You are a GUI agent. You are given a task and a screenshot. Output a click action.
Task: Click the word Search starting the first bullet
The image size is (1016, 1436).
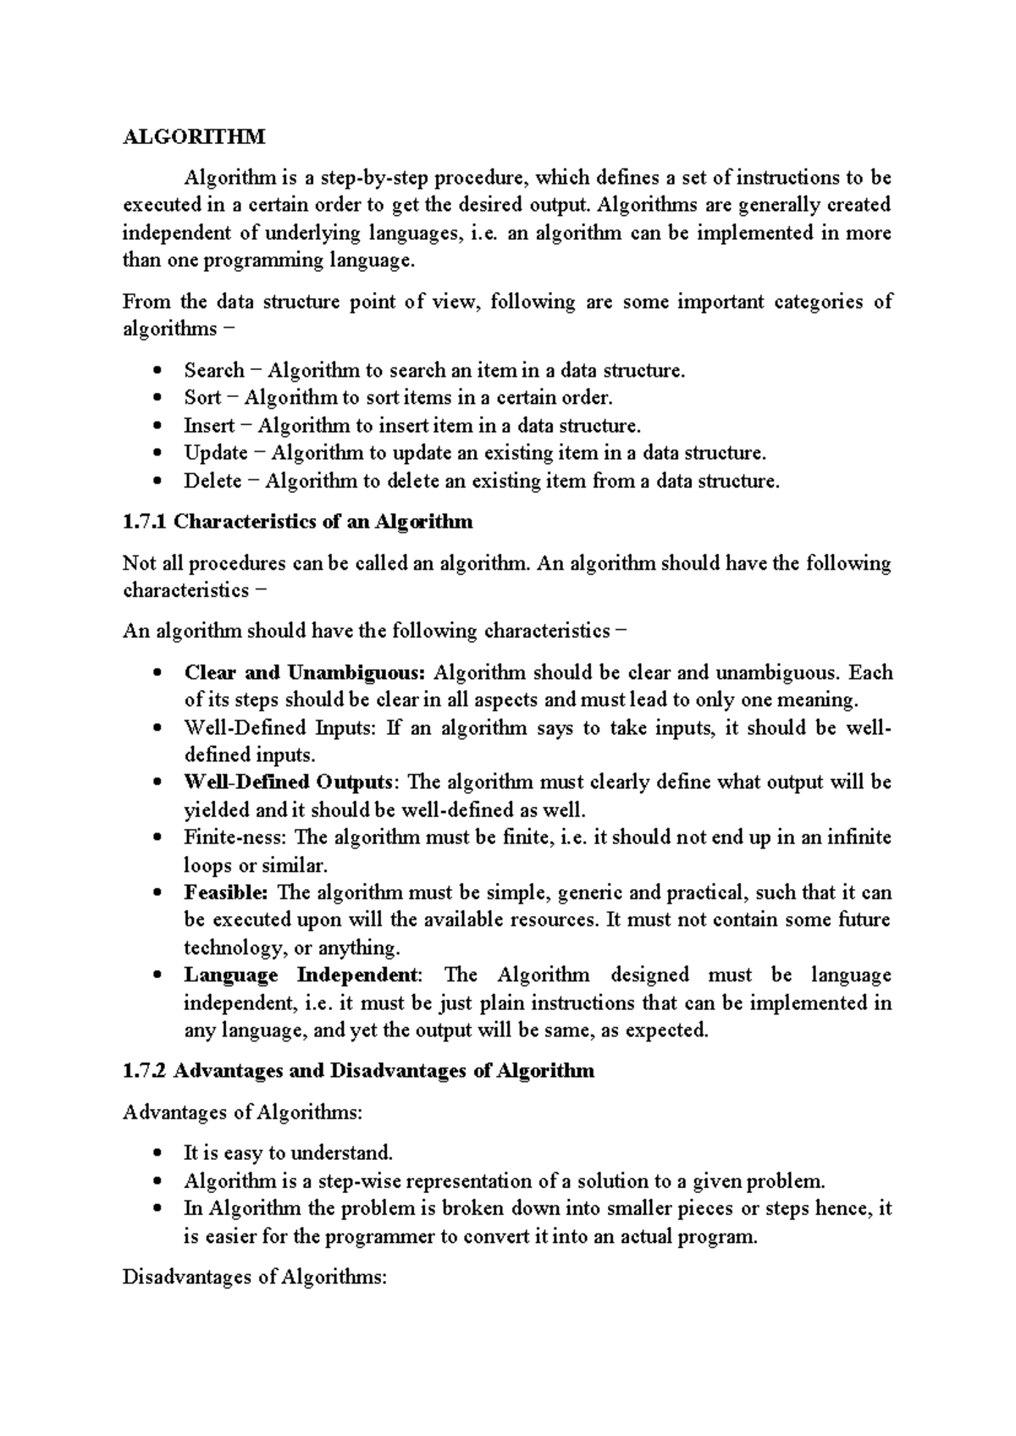[x=214, y=370]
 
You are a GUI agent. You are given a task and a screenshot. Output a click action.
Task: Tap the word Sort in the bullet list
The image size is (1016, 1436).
[x=202, y=398]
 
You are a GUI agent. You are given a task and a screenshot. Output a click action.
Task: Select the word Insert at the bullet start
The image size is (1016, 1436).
[x=209, y=425]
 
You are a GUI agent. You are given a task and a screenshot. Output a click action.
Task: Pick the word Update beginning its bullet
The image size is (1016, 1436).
[x=216, y=453]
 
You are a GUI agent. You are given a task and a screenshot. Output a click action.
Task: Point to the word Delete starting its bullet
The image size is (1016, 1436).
[x=213, y=481]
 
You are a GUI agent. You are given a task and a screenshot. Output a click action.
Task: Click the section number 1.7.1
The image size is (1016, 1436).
[x=145, y=522]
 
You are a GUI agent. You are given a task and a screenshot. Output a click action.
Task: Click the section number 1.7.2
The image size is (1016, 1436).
[x=146, y=1071]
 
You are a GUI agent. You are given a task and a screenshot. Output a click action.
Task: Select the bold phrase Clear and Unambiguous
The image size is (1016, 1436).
[x=304, y=673]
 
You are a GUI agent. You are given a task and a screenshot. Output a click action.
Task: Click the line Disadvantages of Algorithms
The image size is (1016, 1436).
[x=254, y=1278]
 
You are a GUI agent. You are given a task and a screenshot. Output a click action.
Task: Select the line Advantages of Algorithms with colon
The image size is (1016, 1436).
[x=242, y=1113]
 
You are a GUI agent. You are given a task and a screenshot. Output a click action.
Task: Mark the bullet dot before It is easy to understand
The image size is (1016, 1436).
[x=157, y=1153]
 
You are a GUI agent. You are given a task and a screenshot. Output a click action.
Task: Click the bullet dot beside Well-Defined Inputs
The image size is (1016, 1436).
[x=157, y=728]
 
